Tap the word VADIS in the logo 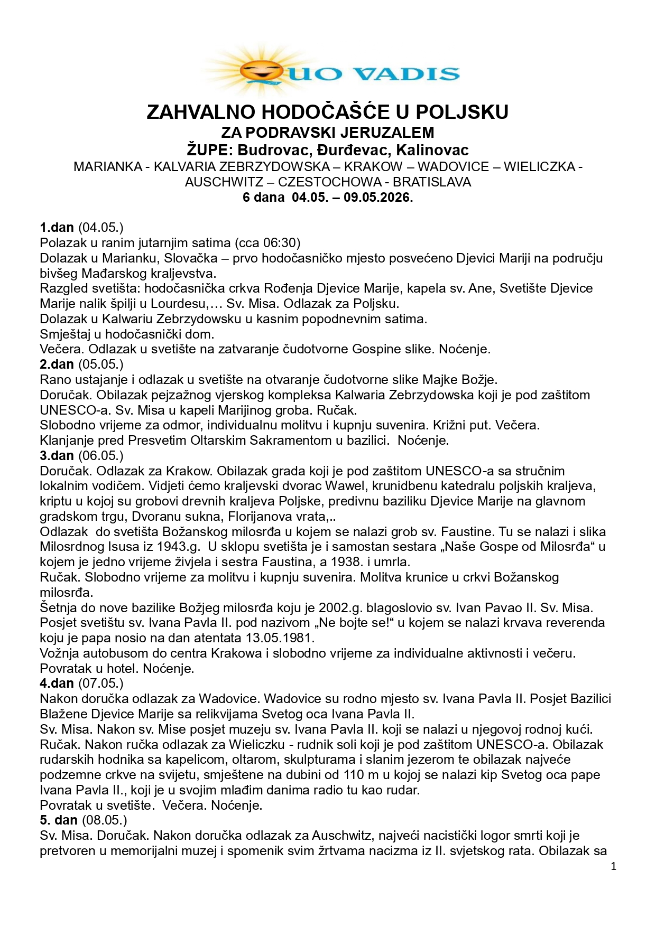pyautogui.click(x=406, y=73)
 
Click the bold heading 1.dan pyautogui.click(x=57, y=228)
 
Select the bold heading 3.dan pyautogui.click(x=57, y=455)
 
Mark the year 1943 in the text pyautogui.click(x=176, y=547)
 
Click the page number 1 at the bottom pyautogui.click(x=613, y=866)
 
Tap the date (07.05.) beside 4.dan pyautogui.click(x=101, y=683)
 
